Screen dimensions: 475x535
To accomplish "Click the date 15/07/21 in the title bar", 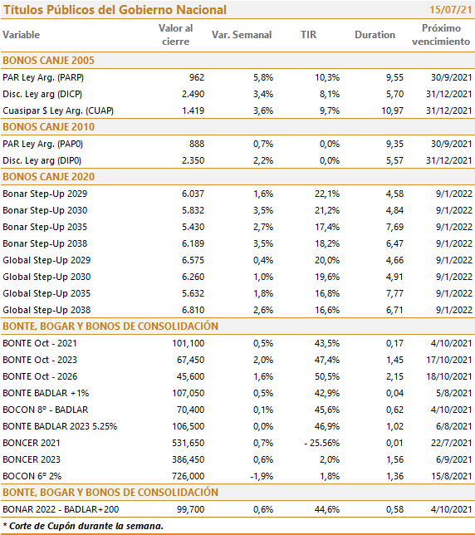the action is (x=450, y=10).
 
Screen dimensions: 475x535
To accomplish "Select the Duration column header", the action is (x=375, y=35).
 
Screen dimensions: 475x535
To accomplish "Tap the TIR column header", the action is (x=308, y=35).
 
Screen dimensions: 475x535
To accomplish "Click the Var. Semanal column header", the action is (x=242, y=35).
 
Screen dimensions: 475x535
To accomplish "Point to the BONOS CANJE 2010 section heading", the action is (x=48, y=127).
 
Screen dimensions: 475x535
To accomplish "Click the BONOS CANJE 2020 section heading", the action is (x=48, y=177).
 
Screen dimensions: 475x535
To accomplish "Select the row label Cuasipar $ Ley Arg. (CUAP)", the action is (x=58, y=110).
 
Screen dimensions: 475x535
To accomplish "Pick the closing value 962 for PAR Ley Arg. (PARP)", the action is (x=197, y=77).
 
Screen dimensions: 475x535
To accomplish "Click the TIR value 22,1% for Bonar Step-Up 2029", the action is (x=327, y=194).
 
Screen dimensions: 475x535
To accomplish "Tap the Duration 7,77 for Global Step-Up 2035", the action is (x=394, y=293).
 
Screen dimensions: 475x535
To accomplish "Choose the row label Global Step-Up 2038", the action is (x=47, y=310).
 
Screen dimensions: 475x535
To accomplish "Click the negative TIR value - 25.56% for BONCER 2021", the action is (x=322, y=443).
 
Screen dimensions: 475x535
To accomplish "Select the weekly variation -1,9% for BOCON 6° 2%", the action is (x=262, y=476).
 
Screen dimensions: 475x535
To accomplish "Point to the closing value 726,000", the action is (x=189, y=476).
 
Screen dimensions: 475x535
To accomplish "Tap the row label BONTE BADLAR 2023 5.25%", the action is (x=60, y=426).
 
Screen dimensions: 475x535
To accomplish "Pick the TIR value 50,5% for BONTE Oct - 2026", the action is (x=327, y=376).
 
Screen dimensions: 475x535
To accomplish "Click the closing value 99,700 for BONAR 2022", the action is (x=191, y=509).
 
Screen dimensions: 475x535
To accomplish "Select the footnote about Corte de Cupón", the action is (x=83, y=526).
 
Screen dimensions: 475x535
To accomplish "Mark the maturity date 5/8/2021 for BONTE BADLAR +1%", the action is (x=454, y=393).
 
